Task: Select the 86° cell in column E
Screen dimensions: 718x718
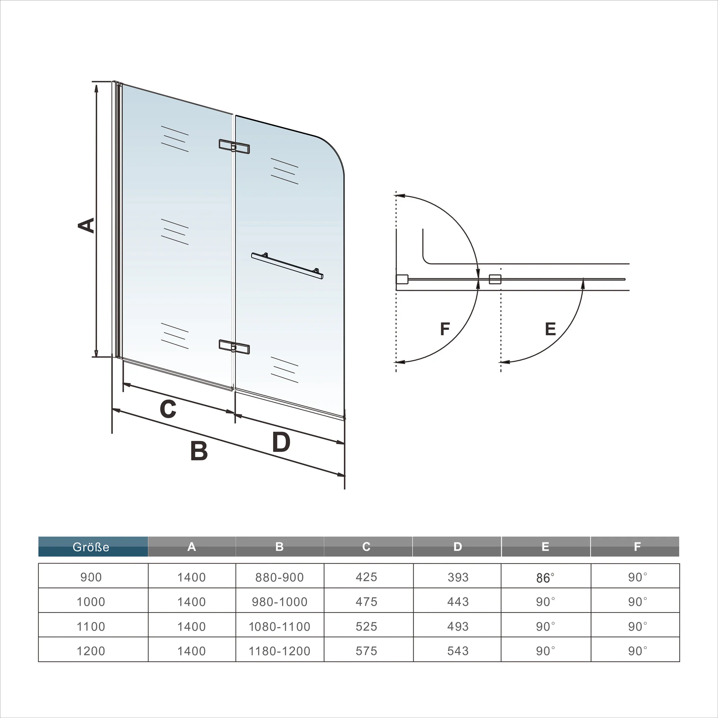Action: point(545,578)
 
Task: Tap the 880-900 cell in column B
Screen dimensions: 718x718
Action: point(279,577)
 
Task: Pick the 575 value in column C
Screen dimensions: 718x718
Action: point(367,651)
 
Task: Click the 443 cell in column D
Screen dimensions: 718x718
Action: point(458,602)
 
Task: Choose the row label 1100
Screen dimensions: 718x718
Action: point(91,626)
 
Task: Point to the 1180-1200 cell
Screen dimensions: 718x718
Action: point(279,651)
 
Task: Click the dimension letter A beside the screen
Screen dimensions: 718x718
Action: point(86,225)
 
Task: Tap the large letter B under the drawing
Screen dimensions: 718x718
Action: point(199,451)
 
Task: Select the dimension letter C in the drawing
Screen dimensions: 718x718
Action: point(168,409)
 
